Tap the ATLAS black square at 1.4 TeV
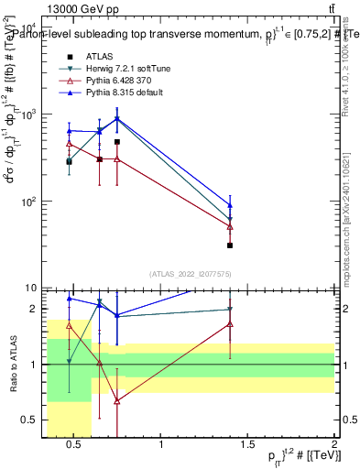pyautogui.click(x=230, y=245)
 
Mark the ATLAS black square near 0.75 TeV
pyautogui.click(x=117, y=142)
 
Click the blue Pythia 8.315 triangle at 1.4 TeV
pyautogui.click(x=230, y=204)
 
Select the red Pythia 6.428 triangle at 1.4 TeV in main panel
pyautogui.click(x=230, y=226)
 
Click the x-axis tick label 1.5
pyautogui.click(x=247, y=445)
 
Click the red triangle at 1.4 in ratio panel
pyautogui.click(x=230, y=324)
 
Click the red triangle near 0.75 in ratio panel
pyautogui.click(x=117, y=401)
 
